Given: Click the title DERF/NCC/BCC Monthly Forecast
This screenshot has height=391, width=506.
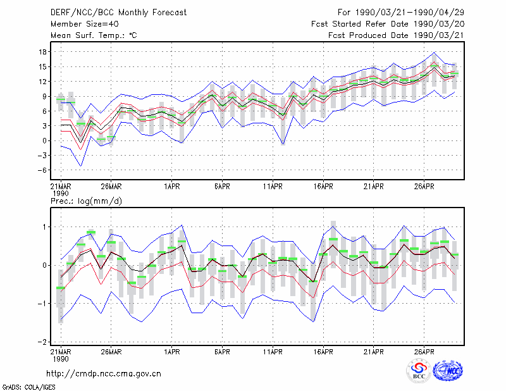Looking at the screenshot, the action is coord(118,13).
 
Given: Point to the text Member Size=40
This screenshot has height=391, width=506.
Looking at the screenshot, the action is coord(85,24).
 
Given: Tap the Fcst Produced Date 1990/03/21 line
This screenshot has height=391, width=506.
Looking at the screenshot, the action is coord(396,35).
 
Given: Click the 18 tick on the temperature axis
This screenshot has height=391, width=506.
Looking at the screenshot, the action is coord(42,52).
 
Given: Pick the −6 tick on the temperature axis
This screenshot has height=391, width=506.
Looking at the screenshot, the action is coord(42,170).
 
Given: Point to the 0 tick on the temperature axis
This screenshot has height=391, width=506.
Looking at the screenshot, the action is coord(44,141).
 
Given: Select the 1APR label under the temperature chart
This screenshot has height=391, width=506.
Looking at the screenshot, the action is coord(171,187).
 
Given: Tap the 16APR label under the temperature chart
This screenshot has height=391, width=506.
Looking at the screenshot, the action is coord(323,187).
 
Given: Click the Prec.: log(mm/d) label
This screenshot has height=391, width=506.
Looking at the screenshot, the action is coord(86,201).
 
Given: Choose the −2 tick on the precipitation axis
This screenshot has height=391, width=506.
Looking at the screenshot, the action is coord(42,342).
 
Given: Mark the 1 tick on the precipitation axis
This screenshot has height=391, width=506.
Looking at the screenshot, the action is coord(45,227).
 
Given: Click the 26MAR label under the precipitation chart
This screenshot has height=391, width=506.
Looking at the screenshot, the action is coord(111,352).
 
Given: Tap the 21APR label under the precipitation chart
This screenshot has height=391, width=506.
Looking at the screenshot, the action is coord(374,352).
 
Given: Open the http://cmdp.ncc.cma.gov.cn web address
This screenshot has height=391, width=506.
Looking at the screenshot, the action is coord(104,374).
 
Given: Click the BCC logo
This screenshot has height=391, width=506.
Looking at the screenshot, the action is coord(419,371).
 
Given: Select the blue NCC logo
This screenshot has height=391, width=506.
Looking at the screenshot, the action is coord(448,371).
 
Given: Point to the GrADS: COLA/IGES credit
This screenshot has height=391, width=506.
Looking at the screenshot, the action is coord(28,387).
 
